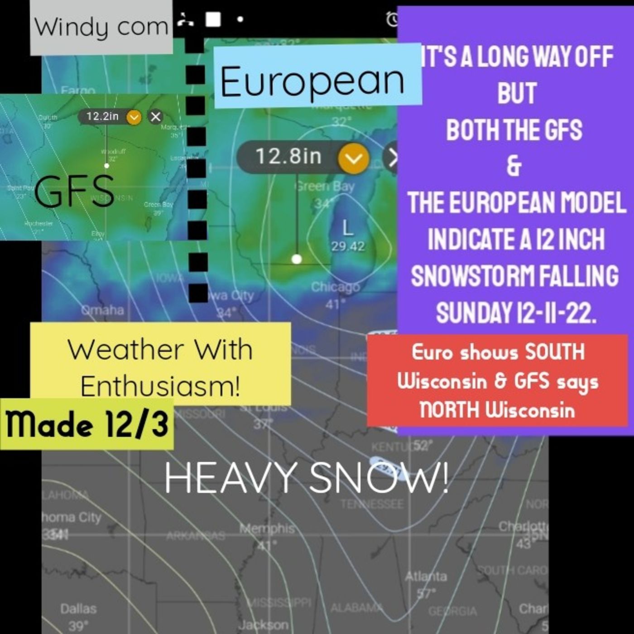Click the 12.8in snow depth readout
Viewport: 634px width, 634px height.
(288, 157)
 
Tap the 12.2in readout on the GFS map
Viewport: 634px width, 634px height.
(102, 116)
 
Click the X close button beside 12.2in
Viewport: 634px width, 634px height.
(155, 117)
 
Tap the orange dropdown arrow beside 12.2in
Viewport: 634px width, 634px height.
(134, 117)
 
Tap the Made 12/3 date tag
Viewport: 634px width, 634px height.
(87, 425)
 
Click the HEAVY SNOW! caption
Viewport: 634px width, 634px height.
(306, 478)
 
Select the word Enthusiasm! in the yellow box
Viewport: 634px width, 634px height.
(160, 386)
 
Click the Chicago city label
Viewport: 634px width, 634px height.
(335, 287)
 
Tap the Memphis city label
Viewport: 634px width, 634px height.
(267, 528)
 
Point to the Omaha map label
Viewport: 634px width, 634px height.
(102, 310)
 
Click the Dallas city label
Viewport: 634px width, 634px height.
(78, 609)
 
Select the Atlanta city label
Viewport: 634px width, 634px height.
(426, 576)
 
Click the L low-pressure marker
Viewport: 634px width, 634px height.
(347, 228)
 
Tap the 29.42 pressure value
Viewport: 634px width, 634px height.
(347, 246)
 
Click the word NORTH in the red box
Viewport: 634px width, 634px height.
(449, 410)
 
